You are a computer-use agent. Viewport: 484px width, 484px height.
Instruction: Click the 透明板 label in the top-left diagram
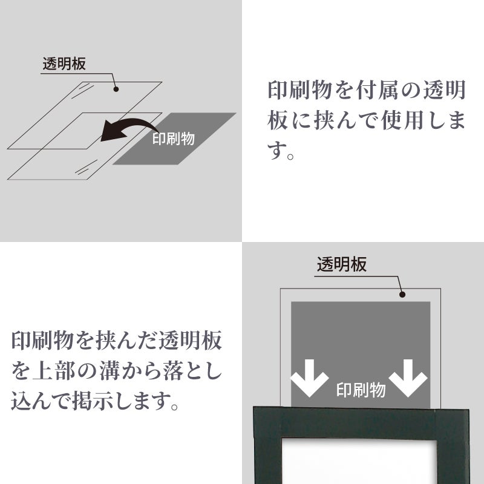(64, 64)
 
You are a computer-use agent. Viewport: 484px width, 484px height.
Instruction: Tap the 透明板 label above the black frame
(342, 264)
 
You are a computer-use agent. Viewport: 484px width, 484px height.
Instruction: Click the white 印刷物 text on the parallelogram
(174, 139)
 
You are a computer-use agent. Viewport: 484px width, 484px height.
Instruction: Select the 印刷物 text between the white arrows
(361, 390)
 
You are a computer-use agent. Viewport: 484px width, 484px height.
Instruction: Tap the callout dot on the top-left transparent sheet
(116, 89)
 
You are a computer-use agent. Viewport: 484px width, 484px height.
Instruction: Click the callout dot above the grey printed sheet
(402, 295)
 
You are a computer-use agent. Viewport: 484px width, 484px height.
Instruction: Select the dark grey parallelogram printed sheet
(174, 139)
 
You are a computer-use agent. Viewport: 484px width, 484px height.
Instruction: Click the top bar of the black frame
(361, 422)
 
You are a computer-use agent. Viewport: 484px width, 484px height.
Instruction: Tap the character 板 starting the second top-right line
(278, 120)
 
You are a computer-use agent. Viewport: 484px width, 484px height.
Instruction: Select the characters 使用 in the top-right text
(402, 120)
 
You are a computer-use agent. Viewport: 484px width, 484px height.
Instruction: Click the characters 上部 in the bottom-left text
(54, 371)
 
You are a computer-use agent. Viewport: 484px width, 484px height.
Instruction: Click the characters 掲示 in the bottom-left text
(93, 401)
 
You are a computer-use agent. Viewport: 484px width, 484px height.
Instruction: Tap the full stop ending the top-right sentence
(290, 156)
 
